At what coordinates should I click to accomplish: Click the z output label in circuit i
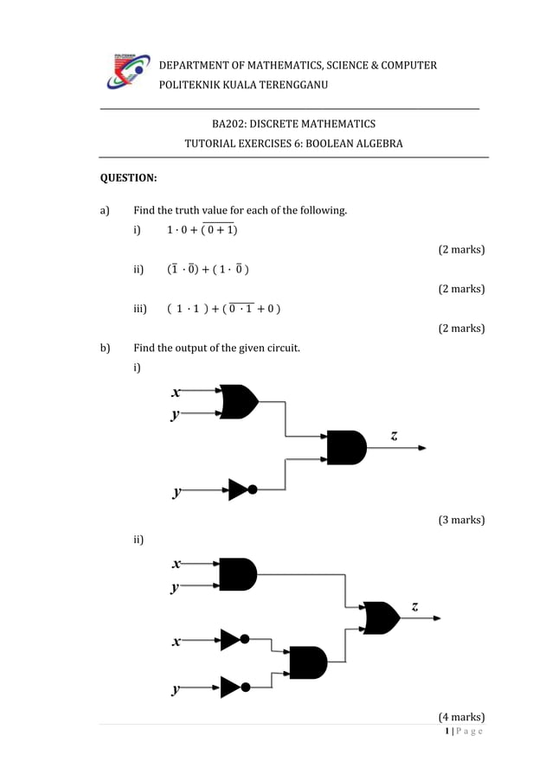point(395,437)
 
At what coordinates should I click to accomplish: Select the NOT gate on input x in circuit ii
point(234,640)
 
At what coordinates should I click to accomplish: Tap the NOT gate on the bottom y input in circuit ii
point(234,687)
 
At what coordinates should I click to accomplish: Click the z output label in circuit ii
point(415,606)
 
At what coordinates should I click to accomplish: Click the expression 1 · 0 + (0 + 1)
point(202,230)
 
